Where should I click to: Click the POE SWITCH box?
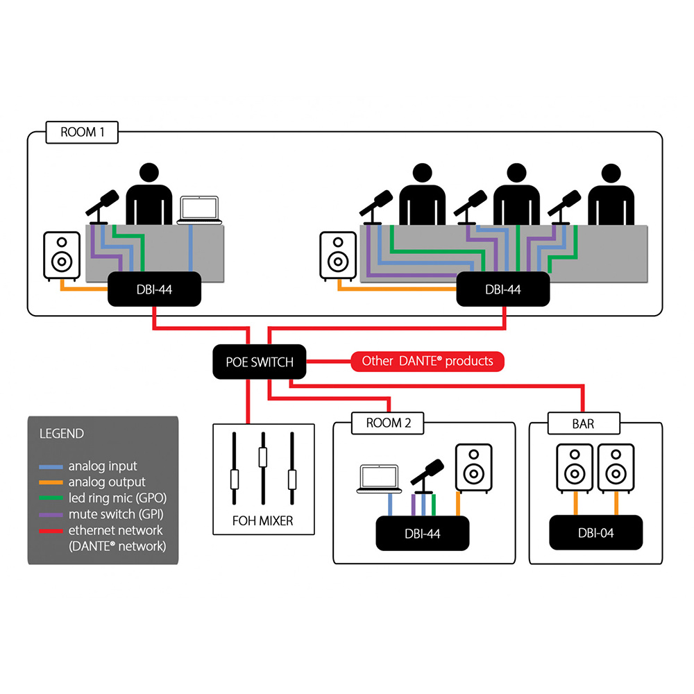coord(259,362)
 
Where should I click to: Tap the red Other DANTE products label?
coord(428,361)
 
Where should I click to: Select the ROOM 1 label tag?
coord(81,132)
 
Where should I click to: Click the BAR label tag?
coord(583,423)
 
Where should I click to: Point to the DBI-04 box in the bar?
coord(595,533)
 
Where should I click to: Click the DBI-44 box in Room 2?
coord(423,533)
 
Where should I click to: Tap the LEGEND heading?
coord(62,434)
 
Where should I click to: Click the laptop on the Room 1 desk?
coord(199,210)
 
